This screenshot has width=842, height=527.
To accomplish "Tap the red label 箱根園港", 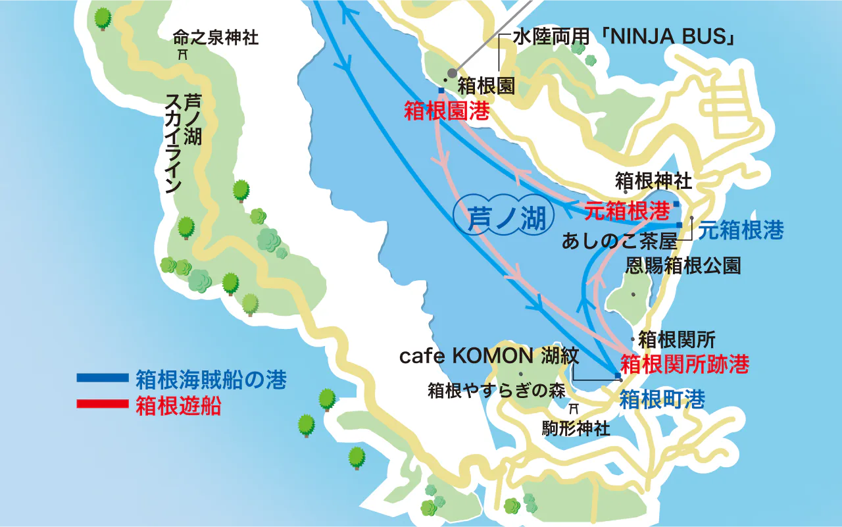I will coord(447,111).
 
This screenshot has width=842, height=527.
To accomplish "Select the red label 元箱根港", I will coord(627,210).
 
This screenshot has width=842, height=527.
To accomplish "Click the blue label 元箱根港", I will coord(740,230).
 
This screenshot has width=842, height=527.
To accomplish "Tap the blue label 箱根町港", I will coord(662,399).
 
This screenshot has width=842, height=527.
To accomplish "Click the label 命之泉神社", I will coord(216,38).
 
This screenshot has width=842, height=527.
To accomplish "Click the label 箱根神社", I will coord(653,180).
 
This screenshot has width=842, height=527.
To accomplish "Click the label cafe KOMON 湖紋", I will coord(489,357).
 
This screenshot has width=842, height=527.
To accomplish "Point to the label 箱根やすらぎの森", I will coord(497,391).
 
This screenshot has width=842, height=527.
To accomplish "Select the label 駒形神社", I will coord(576,429).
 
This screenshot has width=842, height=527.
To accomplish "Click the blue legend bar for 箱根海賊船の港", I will coord(102,378).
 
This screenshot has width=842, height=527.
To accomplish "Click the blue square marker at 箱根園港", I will coord(441,90).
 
